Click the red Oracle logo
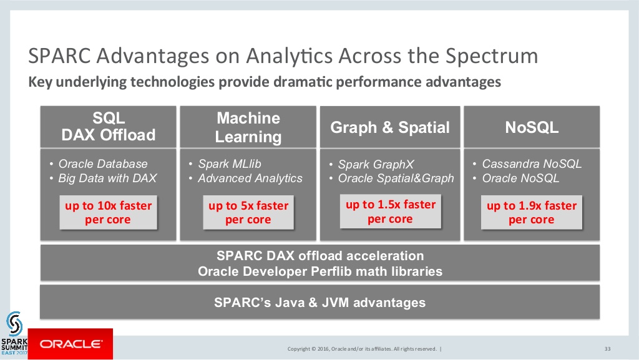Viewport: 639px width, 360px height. click(x=70, y=344)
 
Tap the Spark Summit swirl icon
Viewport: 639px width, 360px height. click(x=14, y=324)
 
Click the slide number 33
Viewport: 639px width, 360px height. click(x=607, y=349)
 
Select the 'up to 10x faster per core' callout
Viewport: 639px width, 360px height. click(x=109, y=213)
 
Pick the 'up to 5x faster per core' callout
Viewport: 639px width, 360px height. click(x=248, y=213)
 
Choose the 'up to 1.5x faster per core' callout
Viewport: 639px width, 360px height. click(x=391, y=212)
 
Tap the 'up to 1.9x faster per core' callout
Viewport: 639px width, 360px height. click(x=532, y=213)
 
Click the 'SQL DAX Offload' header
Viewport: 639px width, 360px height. click(x=109, y=127)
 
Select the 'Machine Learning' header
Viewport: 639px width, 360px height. click(x=248, y=127)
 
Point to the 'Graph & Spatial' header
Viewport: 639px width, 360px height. click(x=390, y=127)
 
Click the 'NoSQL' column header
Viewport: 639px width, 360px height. click(x=532, y=127)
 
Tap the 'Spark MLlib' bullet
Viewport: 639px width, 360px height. click(x=225, y=163)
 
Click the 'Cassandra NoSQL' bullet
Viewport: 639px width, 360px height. click(x=527, y=163)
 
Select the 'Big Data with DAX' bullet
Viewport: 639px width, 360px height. click(x=103, y=178)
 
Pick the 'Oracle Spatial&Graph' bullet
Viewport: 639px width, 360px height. click(x=392, y=178)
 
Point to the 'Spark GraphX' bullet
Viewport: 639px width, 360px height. click(x=372, y=164)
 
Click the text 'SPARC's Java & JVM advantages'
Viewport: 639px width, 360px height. click(x=320, y=303)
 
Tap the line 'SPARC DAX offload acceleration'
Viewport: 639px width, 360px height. click(x=320, y=256)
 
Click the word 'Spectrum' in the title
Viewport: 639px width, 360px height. click(x=492, y=56)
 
